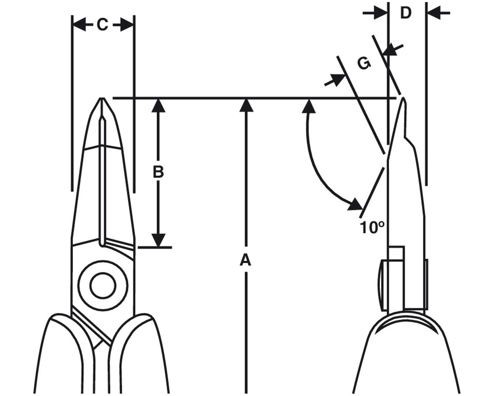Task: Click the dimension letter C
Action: point(103,24)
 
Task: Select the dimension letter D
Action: point(405,13)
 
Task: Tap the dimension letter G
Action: point(364,63)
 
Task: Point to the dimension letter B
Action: point(158,172)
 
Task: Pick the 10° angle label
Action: point(372,228)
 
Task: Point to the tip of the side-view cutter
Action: point(403,98)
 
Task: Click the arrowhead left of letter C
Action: point(79,24)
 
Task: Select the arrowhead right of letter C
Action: point(126,24)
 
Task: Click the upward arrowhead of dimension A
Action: point(246,105)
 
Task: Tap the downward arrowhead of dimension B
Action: point(158,240)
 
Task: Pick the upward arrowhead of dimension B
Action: point(158,105)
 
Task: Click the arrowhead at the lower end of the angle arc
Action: point(355,204)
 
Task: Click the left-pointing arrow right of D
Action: point(438,13)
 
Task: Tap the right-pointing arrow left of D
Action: point(375,13)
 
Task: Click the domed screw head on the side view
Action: point(382,285)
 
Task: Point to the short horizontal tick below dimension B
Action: point(155,247)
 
